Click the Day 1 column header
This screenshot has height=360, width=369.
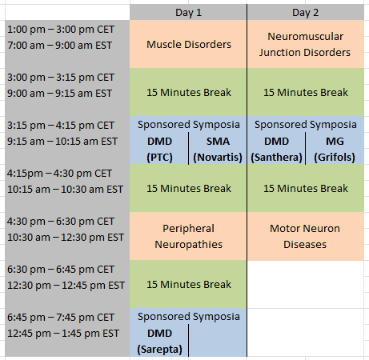point(188,13)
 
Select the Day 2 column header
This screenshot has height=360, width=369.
point(305,13)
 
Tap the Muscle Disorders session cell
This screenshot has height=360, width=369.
point(189,44)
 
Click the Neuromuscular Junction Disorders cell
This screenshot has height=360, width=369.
point(305,44)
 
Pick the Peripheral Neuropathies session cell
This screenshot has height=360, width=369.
point(188,236)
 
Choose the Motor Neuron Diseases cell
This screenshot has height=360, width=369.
point(305,236)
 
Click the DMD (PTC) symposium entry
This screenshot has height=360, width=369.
point(159,149)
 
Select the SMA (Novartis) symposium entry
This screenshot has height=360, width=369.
point(218,149)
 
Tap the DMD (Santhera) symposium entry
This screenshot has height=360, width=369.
point(276,149)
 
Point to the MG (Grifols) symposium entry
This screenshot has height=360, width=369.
point(335,149)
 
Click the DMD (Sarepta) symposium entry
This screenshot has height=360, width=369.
point(159,341)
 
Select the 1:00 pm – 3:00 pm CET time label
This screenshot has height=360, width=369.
point(61,30)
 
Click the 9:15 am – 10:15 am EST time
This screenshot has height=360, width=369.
point(62,142)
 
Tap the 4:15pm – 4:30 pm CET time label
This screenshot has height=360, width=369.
point(59,174)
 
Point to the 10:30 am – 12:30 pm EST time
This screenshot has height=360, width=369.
point(66,238)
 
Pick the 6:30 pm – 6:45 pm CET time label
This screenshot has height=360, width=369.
point(61,270)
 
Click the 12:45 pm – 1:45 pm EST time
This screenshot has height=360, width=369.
point(63,334)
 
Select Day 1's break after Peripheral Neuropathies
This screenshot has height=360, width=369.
point(189,284)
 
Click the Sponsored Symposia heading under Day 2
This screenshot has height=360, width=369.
point(305,125)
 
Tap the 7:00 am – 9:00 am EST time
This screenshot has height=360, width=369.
point(59,46)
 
